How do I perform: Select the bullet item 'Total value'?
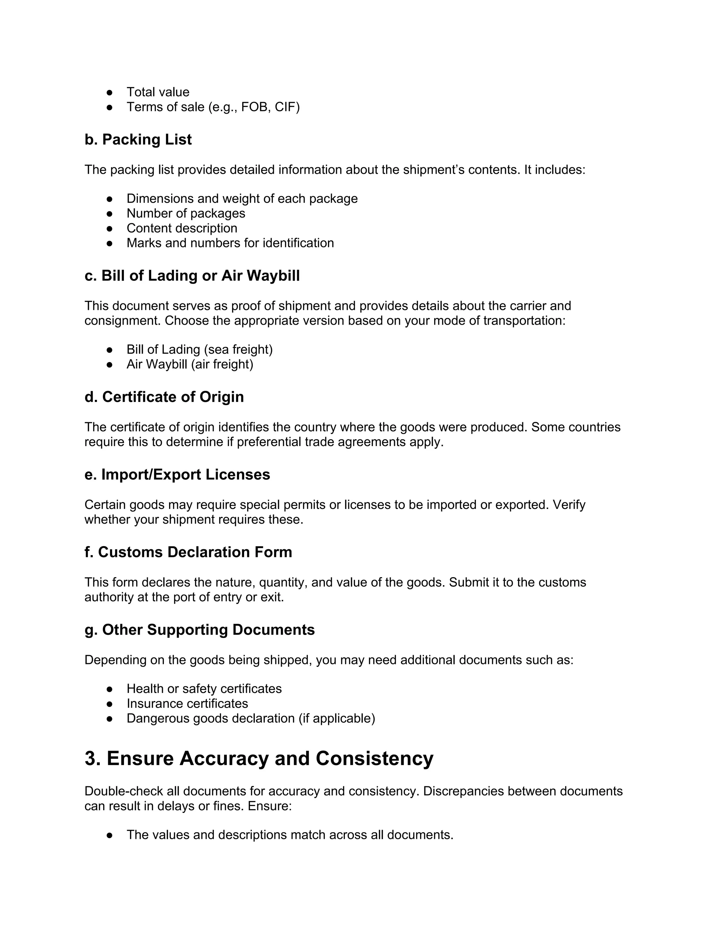click(x=158, y=92)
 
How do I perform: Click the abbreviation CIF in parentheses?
click(x=285, y=107)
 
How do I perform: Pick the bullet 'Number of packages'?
click(x=186, y=213)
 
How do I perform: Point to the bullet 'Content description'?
click(x=182, y=228)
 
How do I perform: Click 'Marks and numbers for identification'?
click(x=230, y=243)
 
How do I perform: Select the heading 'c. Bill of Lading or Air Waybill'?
click(x=192, y=276)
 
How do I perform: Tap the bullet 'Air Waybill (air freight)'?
click(x=189, y=364)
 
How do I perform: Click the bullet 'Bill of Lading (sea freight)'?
click(x=199, y=349)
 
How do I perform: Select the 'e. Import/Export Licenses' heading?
click(x=177, y=475)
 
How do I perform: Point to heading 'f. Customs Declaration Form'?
click(x=188, y=552)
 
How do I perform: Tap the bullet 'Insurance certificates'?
click(x=187, y=703)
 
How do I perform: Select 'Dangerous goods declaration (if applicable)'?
click(x=251, y=718)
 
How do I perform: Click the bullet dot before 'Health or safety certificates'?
click(x=110, y=689)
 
